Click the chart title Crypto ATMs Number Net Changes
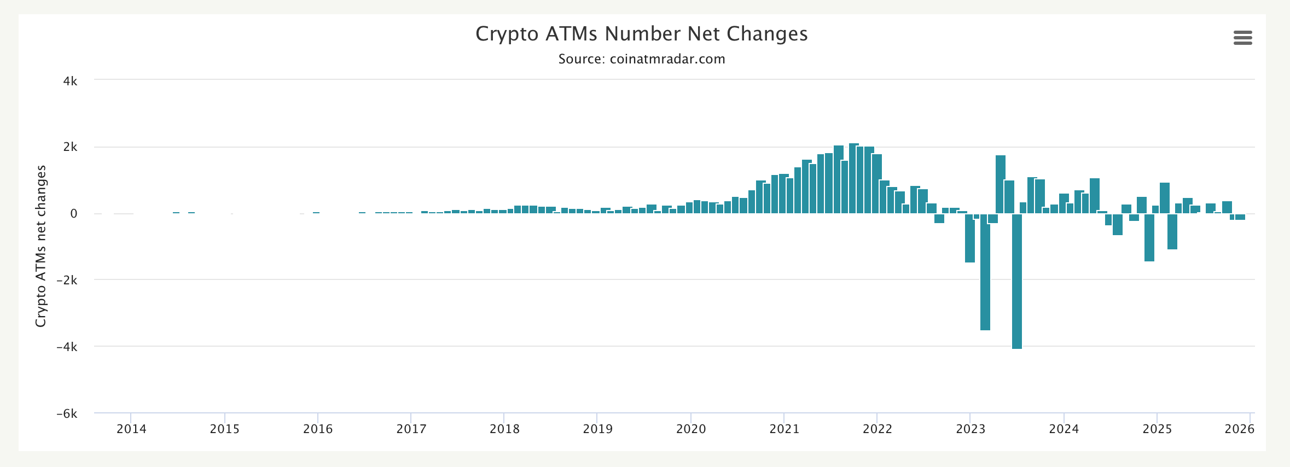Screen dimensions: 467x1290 [641, 34]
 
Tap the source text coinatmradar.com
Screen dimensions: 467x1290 [641, 59]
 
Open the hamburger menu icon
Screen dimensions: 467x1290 [1242, 38]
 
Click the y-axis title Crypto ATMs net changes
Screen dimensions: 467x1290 [40, 246]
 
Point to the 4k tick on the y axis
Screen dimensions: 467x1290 [70, 81]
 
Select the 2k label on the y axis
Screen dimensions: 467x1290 [70, 147]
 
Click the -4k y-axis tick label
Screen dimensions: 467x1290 [67, 347]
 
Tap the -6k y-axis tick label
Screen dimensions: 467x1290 [67, 414]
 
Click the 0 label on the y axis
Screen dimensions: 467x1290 [73, 214]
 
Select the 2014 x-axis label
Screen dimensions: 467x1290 [131, 429]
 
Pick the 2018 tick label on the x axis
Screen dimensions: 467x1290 [504, 429]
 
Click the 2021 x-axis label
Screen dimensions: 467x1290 [784, 429]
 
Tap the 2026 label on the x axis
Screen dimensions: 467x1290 [1239, 429]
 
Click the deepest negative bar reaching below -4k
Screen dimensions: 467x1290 [1016, 281]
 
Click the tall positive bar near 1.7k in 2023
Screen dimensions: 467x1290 [1001, 184]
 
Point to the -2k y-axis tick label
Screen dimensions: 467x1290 [67, 280]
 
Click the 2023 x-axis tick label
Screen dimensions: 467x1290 [971, 429]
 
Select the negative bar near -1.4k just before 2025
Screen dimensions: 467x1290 [1149, 237]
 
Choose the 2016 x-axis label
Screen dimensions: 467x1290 [318, 429]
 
